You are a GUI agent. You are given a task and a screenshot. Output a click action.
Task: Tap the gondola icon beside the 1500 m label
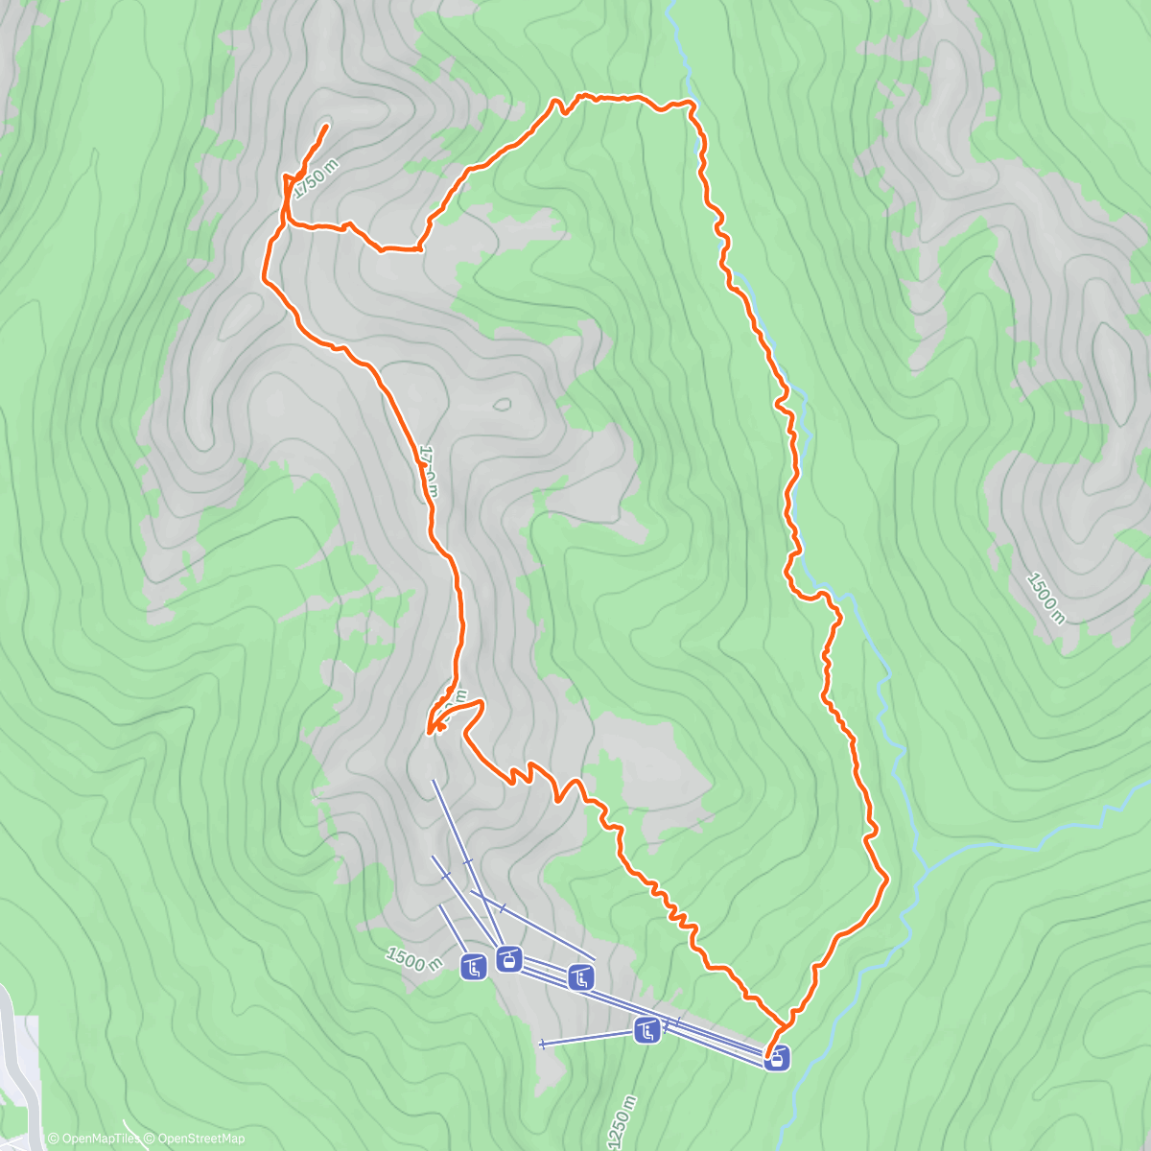(508, 958)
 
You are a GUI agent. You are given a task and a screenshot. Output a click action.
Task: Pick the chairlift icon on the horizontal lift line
(647, 1032)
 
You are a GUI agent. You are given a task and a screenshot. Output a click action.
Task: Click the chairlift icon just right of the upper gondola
(581, 978)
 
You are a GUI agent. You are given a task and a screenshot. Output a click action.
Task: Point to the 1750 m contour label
(316, 179)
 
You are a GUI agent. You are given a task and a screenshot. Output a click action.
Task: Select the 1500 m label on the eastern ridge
(1045, 597)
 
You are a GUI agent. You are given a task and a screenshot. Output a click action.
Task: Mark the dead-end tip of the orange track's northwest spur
(327, 126)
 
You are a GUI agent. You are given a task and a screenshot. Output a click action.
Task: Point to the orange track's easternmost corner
(887, 876)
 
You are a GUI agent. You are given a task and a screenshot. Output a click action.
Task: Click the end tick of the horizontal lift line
(543, 1043)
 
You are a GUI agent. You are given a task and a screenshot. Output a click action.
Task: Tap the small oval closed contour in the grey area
(502, 405)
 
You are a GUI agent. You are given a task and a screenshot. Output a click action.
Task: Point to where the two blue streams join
(923, 870)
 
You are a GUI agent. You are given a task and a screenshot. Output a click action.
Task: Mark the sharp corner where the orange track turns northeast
(420, 247)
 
